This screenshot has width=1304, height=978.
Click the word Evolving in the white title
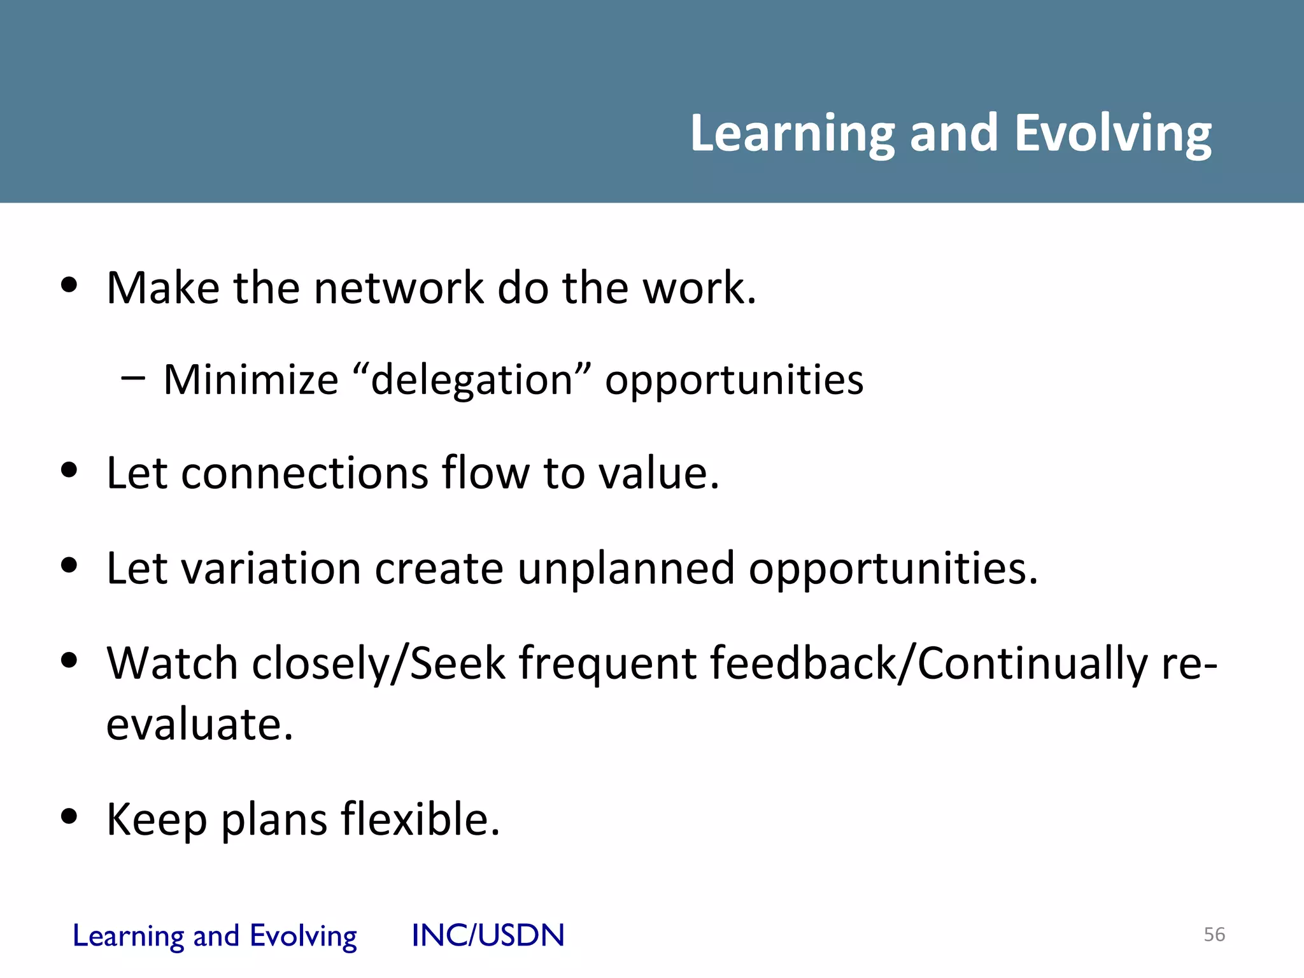(1112, 134)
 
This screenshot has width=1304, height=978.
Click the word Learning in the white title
(793, 134)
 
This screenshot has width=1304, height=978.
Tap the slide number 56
(1214, 934)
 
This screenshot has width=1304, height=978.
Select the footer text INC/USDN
(488, 935)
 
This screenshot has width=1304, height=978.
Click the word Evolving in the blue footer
(303, 936)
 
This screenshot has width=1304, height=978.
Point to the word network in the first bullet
(399, 288)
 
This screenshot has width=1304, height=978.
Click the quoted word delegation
(472, 381)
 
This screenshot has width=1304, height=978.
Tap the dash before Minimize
(132, 378)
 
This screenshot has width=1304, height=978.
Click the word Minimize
(251, 380)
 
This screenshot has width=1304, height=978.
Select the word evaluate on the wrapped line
(199, 725)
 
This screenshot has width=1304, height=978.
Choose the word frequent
(607, 664)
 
